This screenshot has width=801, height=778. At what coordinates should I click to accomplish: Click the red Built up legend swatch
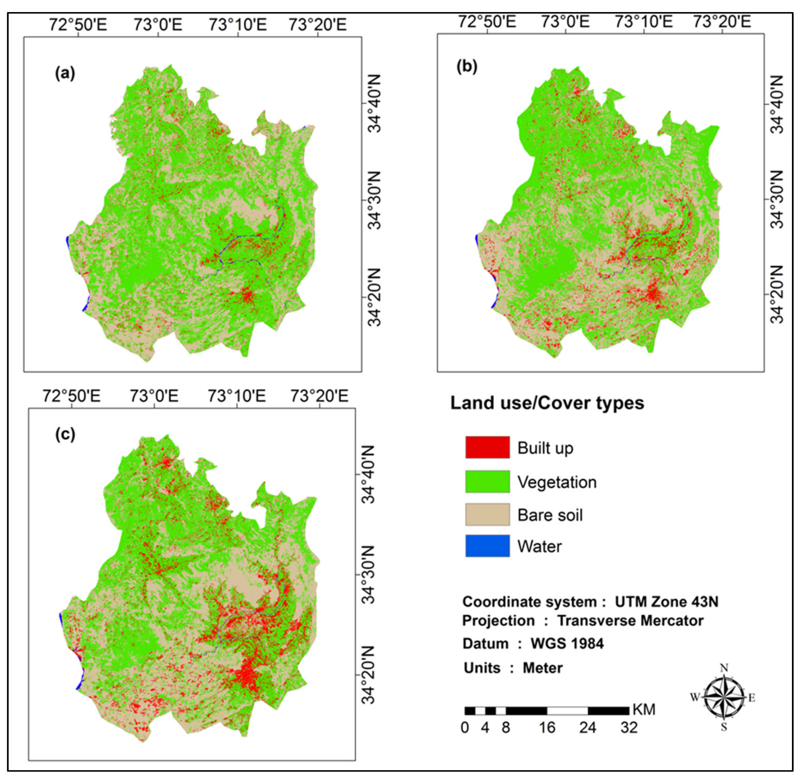pos(487,447)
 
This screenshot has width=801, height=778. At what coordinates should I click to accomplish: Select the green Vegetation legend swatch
pos(487,481)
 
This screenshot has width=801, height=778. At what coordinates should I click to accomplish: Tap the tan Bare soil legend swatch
pos(487,514)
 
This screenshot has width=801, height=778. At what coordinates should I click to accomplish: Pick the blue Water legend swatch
pos(487,545)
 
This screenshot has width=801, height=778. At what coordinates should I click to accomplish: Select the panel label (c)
pos(65,434)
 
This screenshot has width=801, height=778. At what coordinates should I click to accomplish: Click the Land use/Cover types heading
pos(547,403)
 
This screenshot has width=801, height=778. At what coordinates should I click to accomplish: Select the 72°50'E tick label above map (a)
pos(78,25)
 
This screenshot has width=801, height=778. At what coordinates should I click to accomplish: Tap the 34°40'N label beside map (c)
pos(368,474)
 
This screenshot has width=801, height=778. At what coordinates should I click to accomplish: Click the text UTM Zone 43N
pos(666,602)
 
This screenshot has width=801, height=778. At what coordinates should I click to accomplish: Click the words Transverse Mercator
pos(630,621)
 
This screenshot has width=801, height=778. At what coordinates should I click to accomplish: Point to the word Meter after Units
pos(542,668)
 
